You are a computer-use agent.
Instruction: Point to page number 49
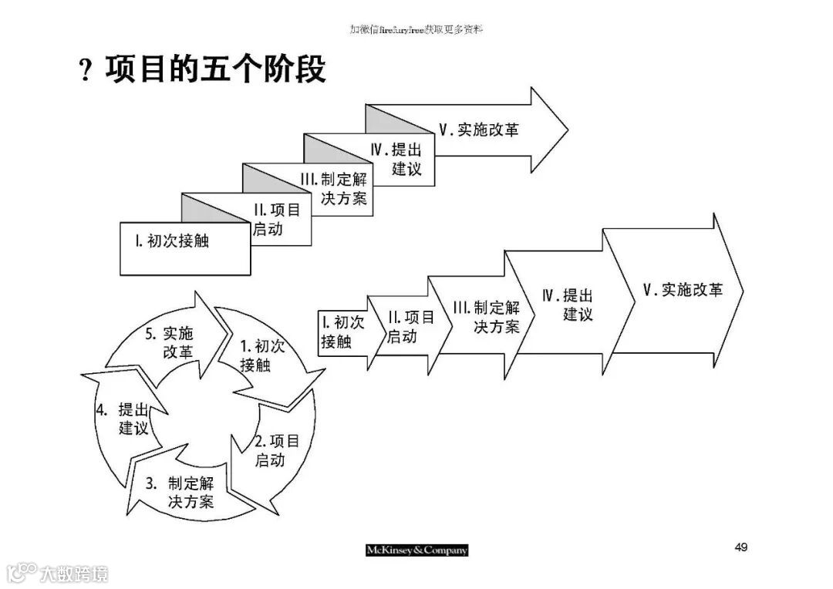(740, 547)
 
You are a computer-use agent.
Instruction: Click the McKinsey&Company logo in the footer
(416, 550)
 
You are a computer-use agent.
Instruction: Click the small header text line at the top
(416, 29)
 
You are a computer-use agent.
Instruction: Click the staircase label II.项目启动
(276, 219)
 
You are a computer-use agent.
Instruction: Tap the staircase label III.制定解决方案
(336, 190)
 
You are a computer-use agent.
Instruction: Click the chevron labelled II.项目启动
(409, 327)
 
